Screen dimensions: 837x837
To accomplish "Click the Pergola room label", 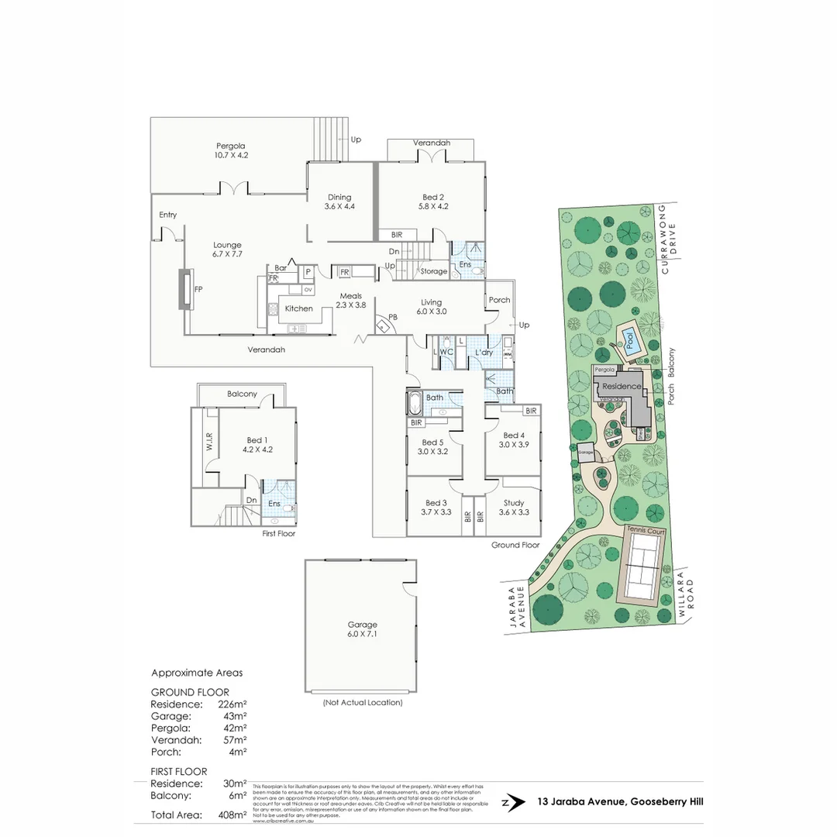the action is pos(231,150).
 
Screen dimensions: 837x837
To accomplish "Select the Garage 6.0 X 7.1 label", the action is pos(362,629).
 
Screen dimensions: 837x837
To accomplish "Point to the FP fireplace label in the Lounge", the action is pos(198,288).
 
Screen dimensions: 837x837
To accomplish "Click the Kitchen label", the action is pos(298,308).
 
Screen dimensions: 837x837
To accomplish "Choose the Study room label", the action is pos(514,508).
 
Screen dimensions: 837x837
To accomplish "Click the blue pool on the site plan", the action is pos(631,341).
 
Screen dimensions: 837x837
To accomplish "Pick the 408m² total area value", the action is pos(232,815).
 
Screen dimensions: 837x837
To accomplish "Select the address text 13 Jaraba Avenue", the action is pos(620,803).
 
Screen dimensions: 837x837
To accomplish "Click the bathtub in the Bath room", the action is pos(413,403).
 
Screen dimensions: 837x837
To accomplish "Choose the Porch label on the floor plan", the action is pos(499,300).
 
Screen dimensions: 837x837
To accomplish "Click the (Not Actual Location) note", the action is pos(363,703).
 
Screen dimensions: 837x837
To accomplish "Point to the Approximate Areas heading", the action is pos(197,673).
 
